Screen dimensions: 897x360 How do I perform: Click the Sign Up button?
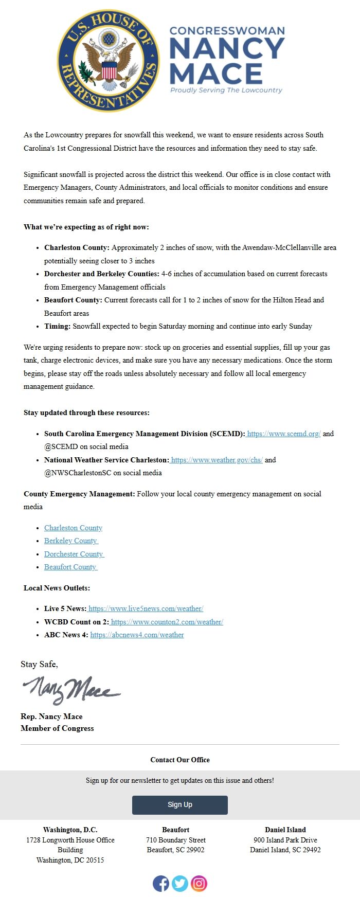click(179, 804)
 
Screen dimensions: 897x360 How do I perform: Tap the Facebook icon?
click(161, 883)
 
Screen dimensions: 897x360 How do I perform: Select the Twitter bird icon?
click(180, 883)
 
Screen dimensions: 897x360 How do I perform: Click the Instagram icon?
click(199, 883)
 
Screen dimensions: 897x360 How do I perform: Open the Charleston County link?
click(73, 528)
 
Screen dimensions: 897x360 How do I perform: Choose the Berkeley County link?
click(70, 541)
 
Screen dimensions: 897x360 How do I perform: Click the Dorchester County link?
click(74, 554)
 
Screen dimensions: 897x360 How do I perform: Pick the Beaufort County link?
click(70, 567)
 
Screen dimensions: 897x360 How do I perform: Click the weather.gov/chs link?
click(217, 460)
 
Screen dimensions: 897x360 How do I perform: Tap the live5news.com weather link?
click(146, 608)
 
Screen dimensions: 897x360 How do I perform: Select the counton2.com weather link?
click(167, 622)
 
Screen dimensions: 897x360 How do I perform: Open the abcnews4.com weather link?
click(137, 635)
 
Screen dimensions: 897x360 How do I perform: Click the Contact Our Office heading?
click(180, 760)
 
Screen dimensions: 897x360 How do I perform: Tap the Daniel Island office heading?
click(285, 830)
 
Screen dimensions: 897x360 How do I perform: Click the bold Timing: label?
click(57, 326)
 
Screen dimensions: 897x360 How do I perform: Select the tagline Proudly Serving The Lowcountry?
click(226, 90)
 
